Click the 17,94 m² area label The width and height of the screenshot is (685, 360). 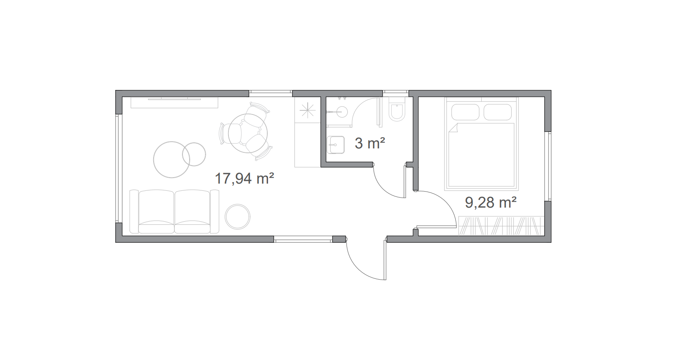(244, 178)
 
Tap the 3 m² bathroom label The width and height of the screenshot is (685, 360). (370, 143)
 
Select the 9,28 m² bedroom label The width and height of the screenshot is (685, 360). (491, 202)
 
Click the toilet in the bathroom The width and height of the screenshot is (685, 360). (397, 109)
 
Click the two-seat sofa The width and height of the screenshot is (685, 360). (174, 212)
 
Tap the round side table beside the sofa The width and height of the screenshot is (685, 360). (238, 217)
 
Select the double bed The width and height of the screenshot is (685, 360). (482, 143)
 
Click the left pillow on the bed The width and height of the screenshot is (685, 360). (465, 112)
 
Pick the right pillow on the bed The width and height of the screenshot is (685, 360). (497, 112)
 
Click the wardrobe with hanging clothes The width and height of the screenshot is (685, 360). (501, 226)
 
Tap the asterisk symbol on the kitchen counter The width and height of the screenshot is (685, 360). (307, 110)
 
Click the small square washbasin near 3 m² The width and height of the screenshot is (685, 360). (336, 145)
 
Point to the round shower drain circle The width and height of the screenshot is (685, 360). (340, 112)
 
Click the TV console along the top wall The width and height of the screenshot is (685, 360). (174, 102)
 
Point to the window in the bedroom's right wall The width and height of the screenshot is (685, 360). (549, 166)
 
